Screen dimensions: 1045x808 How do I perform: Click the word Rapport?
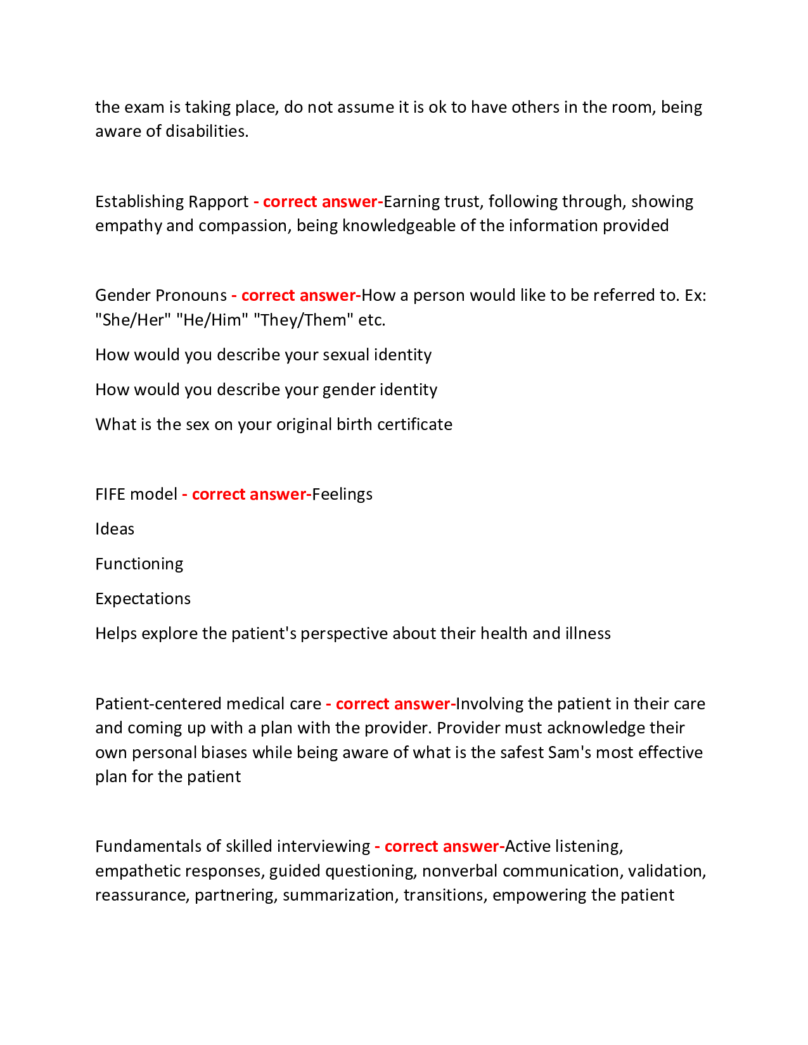[219, 202]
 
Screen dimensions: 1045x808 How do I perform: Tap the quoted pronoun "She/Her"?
[133, 320]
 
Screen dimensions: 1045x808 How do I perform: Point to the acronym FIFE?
[110, 495]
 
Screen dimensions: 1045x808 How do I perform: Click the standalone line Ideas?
[115, 529]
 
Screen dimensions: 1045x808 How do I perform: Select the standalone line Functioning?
[139, 564]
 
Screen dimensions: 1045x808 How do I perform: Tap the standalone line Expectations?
[143, 599]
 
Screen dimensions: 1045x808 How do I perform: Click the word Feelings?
[342, 495]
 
